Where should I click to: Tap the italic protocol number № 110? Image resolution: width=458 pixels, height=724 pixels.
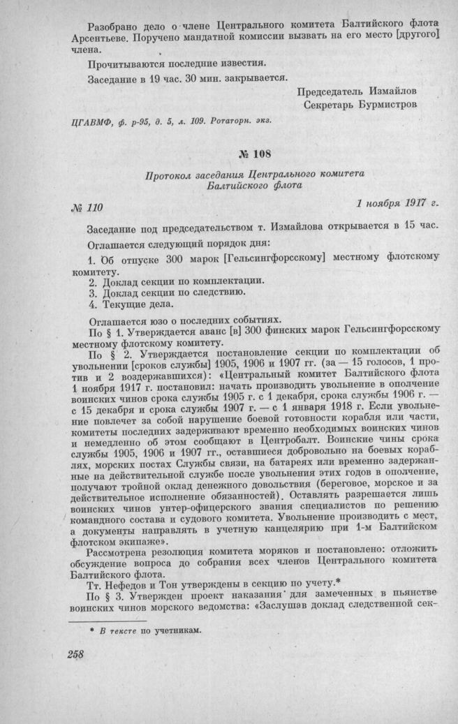[87, 207]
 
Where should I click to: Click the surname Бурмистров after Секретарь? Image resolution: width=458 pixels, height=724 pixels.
[389, 105]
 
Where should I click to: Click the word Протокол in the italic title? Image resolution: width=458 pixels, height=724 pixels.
[170, 174]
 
